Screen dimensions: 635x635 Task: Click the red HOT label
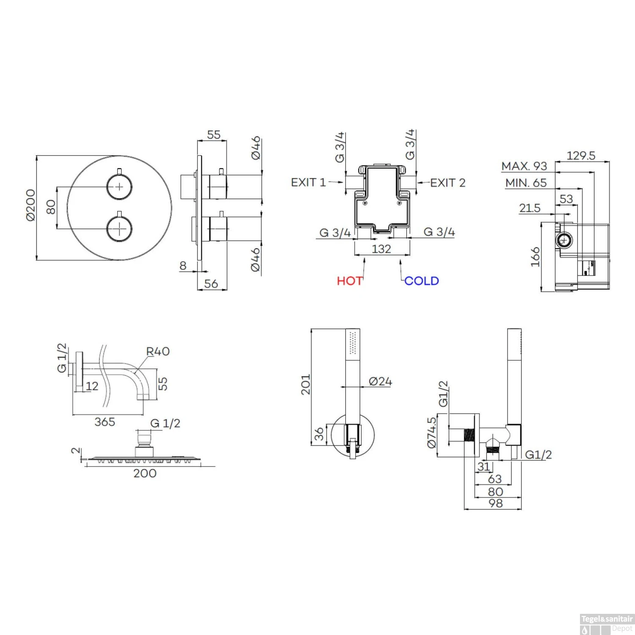pos(350,281)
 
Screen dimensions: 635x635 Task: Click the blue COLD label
pos(422,281)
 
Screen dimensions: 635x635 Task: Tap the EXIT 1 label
pos(308,182)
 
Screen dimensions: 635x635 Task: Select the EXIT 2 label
pos(448,183)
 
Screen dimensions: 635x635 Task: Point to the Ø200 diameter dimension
pos(30,205)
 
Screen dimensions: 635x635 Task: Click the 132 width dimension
pos(381,249)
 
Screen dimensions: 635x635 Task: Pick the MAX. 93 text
pos(524,166)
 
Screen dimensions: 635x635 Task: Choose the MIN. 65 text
pos(526,183)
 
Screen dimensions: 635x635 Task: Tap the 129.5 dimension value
pos(581,156)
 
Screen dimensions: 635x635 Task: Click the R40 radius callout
pos(157,351)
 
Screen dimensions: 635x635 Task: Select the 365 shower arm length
pos(105,422)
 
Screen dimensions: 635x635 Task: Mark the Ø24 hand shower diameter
pos(380,381)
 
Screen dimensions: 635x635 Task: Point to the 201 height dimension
pos(306,384)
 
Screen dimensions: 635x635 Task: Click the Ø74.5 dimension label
pos(431,432)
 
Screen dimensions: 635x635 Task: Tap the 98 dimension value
pos(495,503)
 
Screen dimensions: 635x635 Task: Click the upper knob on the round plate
pos(119,186)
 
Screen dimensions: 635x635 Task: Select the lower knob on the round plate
pos(119,229)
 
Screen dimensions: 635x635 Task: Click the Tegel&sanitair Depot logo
pos(607,624)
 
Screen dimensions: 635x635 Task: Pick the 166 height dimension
pos(536,257)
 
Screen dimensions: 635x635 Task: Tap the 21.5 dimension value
pos(530,208)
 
